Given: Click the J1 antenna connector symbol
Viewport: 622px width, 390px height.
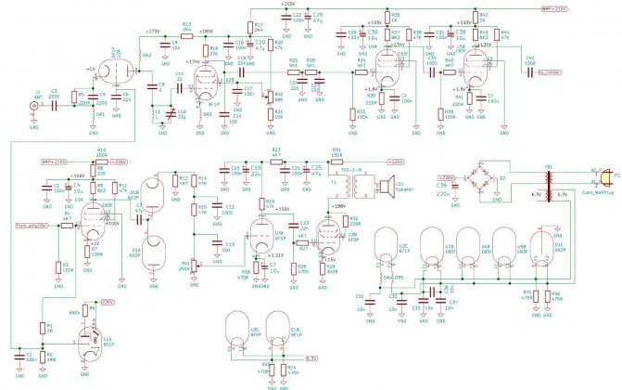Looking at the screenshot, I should click(36, 107).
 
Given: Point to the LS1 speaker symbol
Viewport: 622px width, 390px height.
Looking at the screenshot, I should click(388, 184).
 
